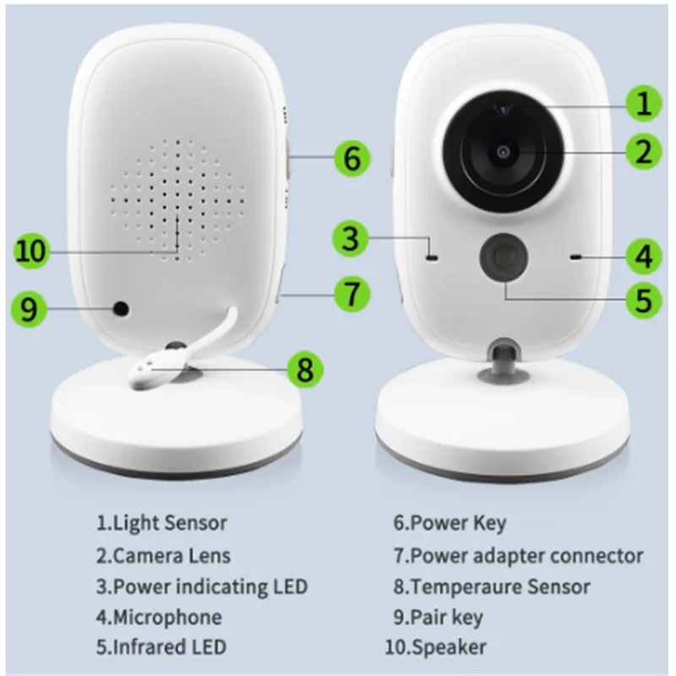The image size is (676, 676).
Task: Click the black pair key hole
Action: tap(123, 309)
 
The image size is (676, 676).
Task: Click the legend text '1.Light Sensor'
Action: tap(161, 523)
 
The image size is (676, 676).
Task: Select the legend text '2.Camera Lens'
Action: tap(162, 555)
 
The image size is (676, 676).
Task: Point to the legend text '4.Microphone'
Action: tap(158, 617)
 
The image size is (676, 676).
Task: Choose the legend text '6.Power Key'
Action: tap(450, 523)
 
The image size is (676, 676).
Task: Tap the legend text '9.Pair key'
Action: tap(438, 617)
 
